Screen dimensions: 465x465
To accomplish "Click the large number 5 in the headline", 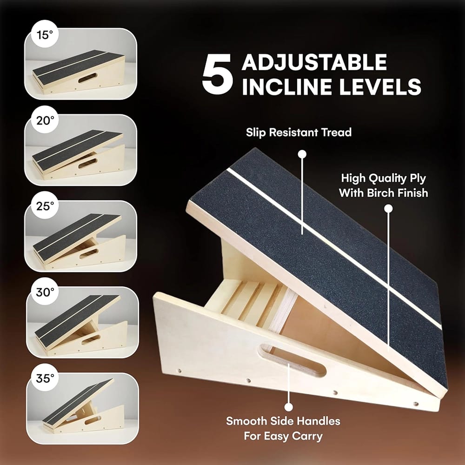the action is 217,74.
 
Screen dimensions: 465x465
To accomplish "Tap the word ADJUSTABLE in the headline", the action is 314,62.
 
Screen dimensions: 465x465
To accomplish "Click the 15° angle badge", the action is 45,35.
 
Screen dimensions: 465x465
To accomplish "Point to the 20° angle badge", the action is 45,120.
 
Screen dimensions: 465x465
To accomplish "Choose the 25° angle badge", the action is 45,206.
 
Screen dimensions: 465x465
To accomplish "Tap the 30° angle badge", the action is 45,292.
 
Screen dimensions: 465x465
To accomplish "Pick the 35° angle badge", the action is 45,378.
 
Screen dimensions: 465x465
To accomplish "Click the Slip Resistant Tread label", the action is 299,132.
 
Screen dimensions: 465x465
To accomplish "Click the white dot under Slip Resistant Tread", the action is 302,154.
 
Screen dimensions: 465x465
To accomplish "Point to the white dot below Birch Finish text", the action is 388,209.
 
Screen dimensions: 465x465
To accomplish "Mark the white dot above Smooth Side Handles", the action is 288,407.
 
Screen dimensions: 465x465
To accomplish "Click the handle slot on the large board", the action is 292,360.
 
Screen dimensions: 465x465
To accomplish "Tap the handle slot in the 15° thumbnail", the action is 87,78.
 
